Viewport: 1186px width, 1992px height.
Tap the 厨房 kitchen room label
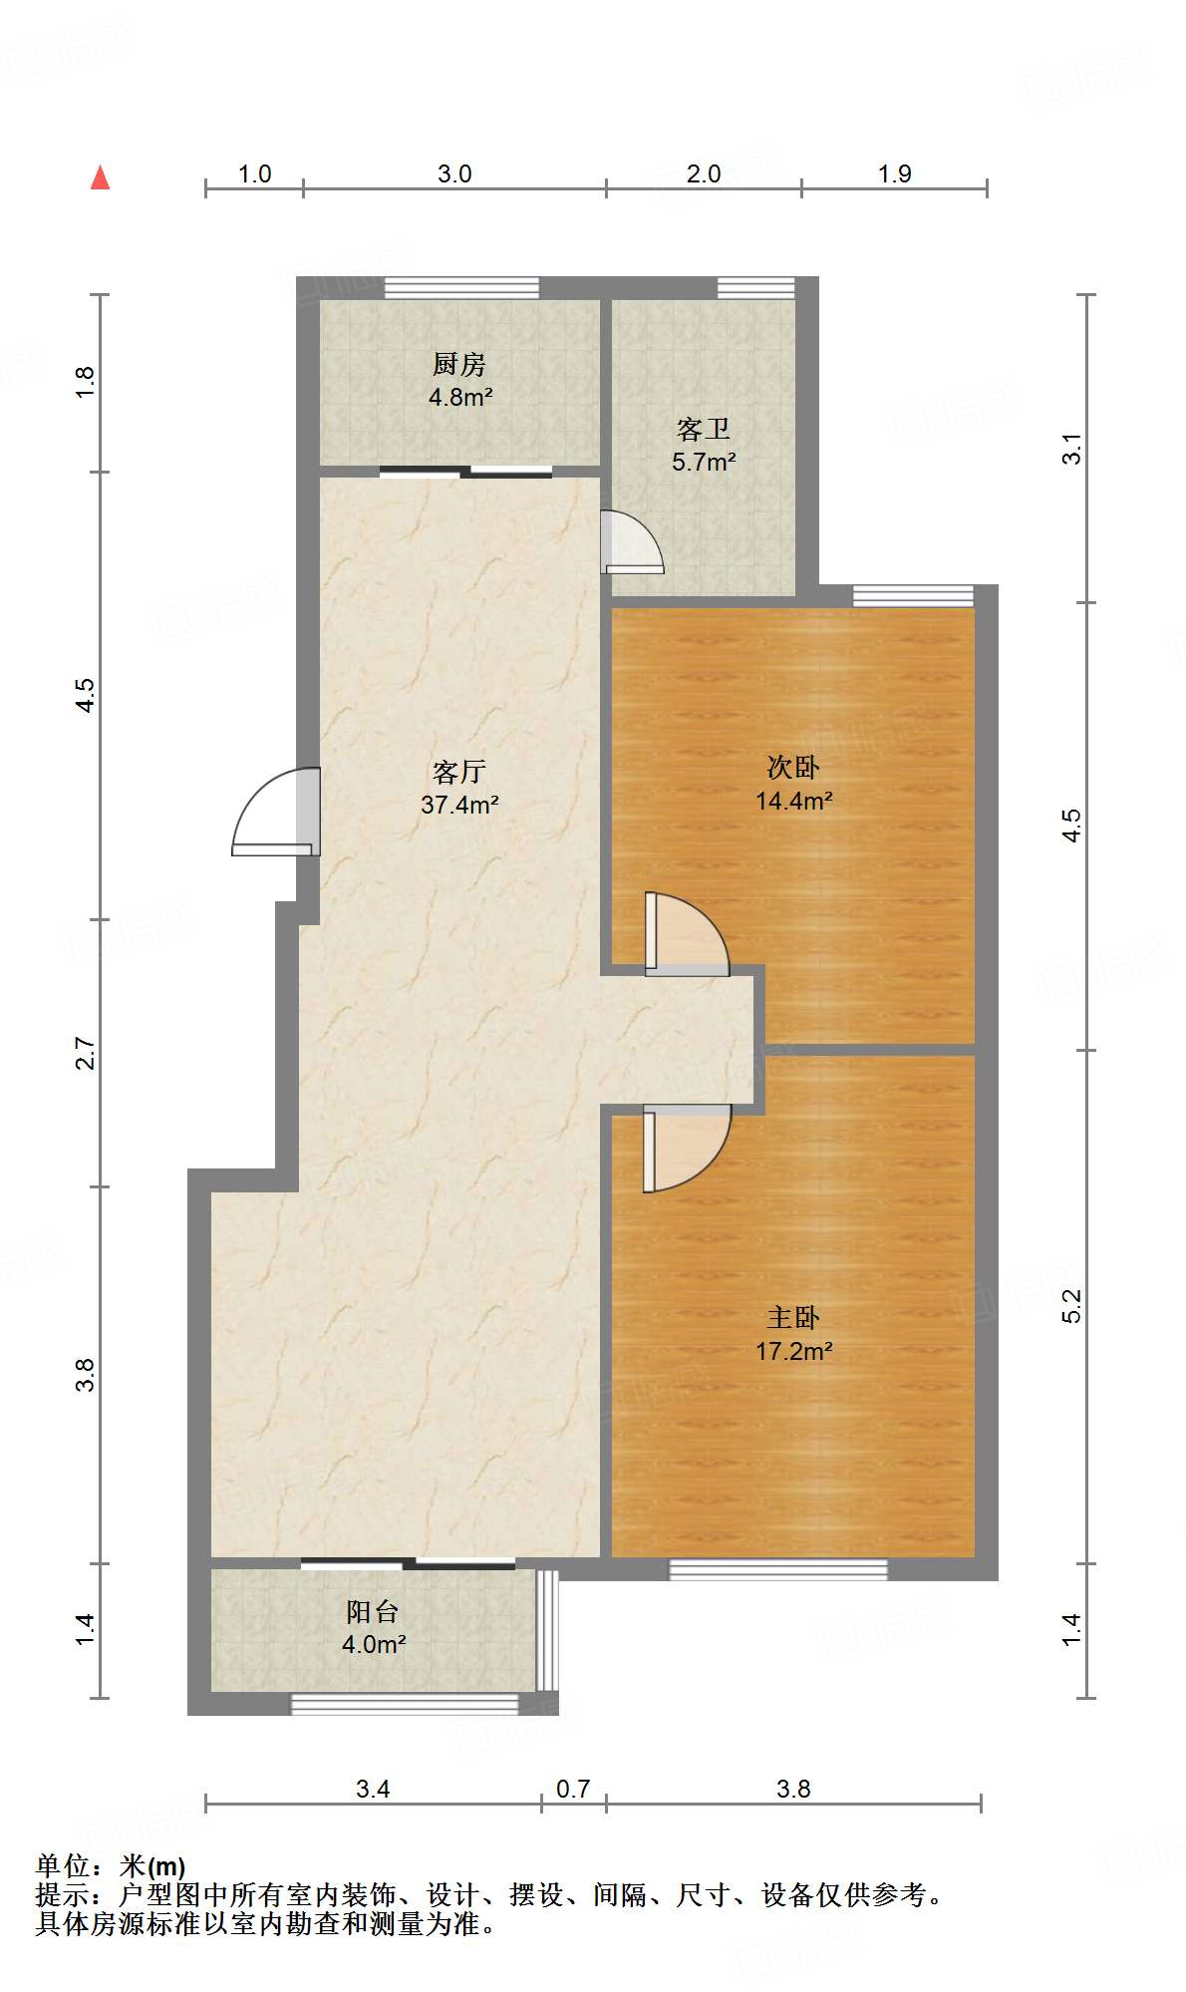tap(459, 365)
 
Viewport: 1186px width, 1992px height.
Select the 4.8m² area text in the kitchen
tap(460, 398)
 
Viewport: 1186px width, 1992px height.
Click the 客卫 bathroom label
tap(704, 430)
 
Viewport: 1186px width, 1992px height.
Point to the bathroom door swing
tap(632, 541)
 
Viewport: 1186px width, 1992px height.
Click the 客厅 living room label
tap(459, 772)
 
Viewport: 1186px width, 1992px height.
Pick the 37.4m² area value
tap(459, 805)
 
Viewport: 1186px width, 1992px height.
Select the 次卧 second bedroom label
tap(793, 767)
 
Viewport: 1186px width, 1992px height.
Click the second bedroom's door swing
tap(687, 934)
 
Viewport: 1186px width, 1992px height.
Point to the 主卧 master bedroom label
tap(793, 1318)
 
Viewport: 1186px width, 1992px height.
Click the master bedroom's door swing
tap(687, 1149)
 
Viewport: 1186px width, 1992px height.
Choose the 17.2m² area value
tap(793, 1351)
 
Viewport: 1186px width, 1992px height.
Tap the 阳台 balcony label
tap(373, 1611)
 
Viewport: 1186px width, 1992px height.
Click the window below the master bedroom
tap(777, 1569)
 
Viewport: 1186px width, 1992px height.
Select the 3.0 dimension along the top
tap(454, 173)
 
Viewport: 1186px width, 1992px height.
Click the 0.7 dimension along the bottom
tap(573, 1789)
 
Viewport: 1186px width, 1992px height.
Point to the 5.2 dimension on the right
tap(1071, 1306)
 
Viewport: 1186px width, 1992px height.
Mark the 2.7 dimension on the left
tap(87, 1054)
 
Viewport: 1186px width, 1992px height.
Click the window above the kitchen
tap(461, 288)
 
